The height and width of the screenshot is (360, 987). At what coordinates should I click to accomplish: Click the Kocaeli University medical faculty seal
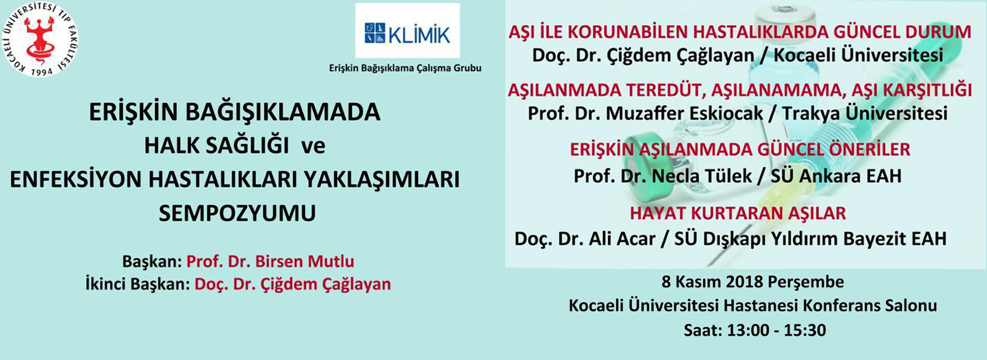[x=41, y=40]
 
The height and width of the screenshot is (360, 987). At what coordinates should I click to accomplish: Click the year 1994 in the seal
[x=42, y=71]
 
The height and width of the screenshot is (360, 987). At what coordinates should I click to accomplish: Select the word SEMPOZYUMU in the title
[x=237, y=213]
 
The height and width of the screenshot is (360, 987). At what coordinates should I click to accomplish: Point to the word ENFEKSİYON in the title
[x=76, y=179]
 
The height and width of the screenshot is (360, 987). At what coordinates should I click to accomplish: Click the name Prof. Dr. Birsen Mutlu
[x=270, y=261]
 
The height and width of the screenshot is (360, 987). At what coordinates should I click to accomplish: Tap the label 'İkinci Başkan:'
[x=137, y=284]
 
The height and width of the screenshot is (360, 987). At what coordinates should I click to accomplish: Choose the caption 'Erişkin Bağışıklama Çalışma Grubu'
[x=405, y=68]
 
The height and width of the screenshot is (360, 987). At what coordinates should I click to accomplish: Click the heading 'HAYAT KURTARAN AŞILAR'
[x=738, y=213]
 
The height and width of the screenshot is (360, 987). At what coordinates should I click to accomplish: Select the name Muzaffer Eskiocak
[x=684, y=113]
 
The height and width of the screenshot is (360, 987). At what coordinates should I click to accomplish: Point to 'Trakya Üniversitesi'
[x=865, y=113]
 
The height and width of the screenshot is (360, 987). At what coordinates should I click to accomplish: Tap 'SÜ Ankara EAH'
[x=836, y=176]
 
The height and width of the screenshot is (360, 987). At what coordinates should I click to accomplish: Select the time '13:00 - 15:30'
[x=776, y=330]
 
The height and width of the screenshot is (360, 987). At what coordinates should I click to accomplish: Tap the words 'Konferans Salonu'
[x=870, y=305]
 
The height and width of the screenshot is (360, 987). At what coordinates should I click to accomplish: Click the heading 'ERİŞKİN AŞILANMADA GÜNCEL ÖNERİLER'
[x=740, y=150]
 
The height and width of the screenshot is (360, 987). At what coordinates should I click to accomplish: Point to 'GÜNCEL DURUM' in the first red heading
[x=902, y=32]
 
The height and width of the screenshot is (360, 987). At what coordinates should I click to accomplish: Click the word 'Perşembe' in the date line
[x=806, y=282]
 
